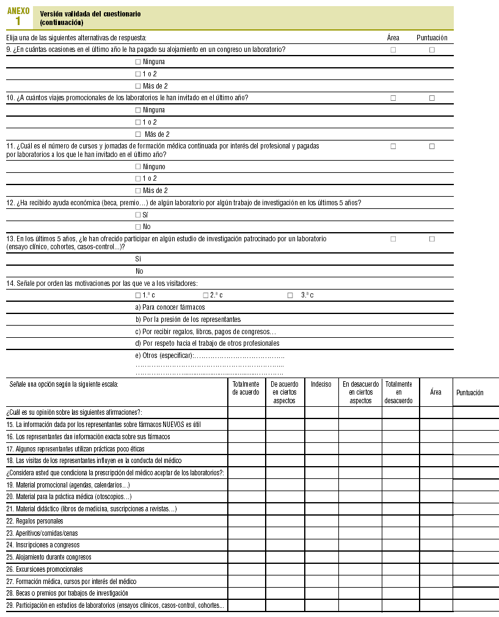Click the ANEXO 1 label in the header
click(x=18, y=16)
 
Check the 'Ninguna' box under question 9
click(x=137, y=62)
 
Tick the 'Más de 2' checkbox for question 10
click(x=138, y=134)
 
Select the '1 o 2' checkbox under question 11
click(x=137, y=178)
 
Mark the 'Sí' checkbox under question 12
click(x=137, y=215)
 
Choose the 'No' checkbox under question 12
click(x=137, y=227)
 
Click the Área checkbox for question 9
click(x=393, y=49)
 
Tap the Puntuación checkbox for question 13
click(x=432, y=239)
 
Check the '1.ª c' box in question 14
click(x=137, y=296)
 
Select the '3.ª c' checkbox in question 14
click(x=290, y=296)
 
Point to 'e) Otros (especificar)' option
click(x=165, y=356)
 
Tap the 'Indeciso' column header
click(x=321, y=384)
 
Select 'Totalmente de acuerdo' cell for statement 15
click(x=246, y=425)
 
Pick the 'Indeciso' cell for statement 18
click(x=321, y=461)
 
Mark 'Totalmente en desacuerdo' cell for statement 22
click(x=400, y=521)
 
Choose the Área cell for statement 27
click(x=435, y=582)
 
